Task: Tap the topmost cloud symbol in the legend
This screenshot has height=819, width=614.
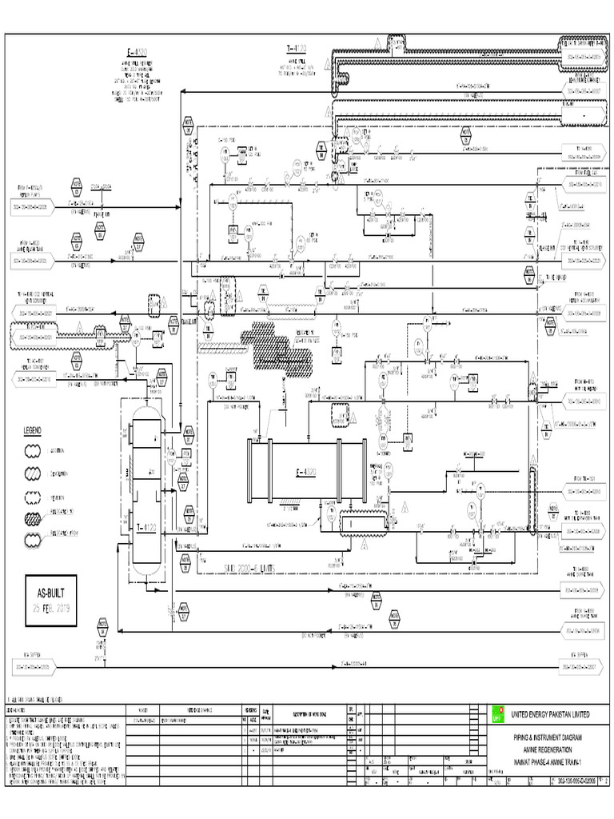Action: tap(34, 451)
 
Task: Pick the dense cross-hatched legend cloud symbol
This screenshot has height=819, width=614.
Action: tap(34, 518)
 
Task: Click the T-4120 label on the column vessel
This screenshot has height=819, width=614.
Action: tap(146, 527)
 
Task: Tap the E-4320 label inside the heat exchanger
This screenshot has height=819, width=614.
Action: tap(305, 473)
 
